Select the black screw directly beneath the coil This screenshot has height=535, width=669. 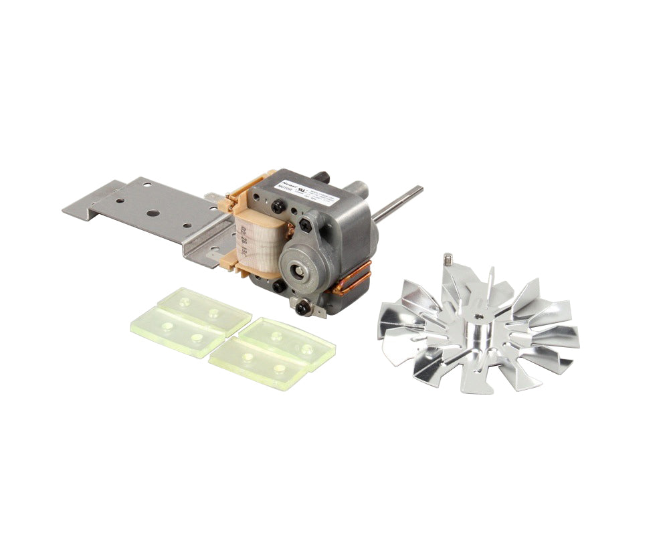pyautogui.click(x=276, y=286)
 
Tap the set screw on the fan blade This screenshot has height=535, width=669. pyautogui.click(x=449, y=257)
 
